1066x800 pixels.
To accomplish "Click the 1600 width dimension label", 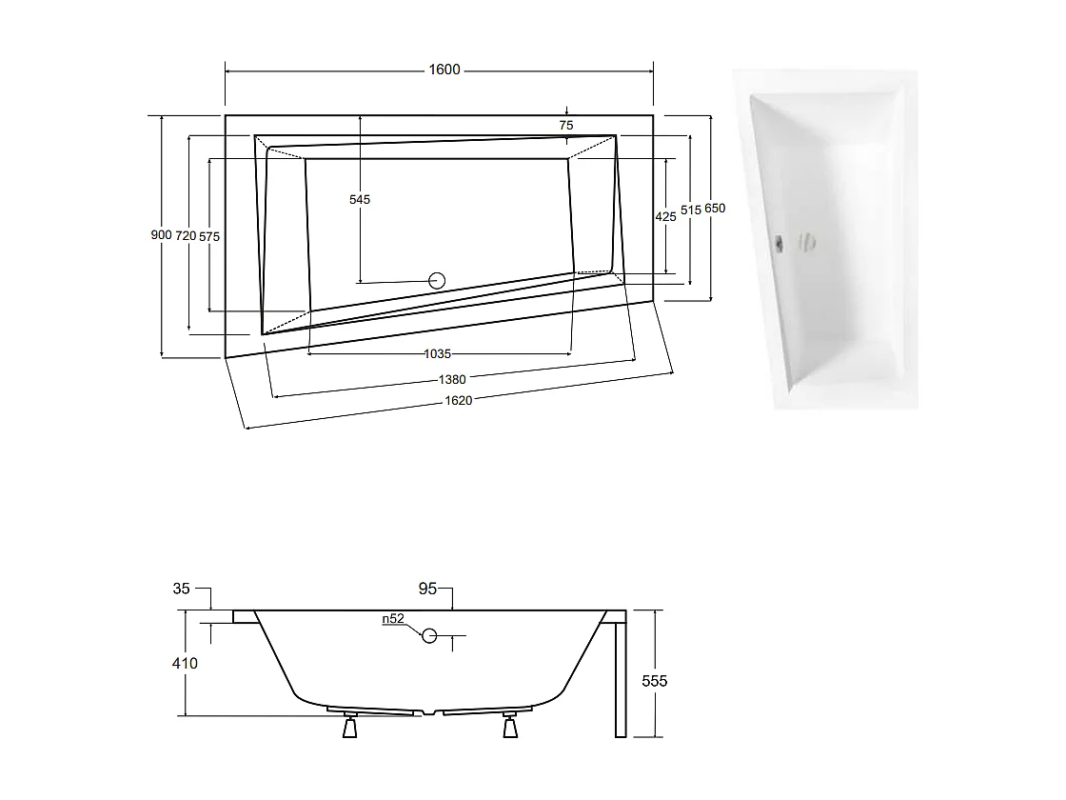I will coord(444,70).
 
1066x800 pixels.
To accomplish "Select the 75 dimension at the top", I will coord(566,126).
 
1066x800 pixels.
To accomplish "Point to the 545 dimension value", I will coord(360,200).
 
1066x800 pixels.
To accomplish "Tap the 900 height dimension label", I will coord(161,235).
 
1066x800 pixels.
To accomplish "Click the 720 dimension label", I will coord(186,235).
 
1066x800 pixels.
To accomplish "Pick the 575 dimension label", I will coord(209,236).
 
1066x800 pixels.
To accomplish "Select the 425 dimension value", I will coord(666,217).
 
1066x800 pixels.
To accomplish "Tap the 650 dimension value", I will coord(715,209).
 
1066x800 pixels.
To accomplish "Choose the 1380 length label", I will coord(452,379).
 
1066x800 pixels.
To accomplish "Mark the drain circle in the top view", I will coord(438,280).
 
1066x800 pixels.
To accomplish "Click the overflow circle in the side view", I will coord(429,635).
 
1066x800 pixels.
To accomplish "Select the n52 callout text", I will coord(393,619).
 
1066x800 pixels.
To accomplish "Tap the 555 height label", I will coord(655,681).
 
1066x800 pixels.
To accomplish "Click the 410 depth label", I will coord(185,663).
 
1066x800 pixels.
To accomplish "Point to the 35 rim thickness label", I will coord(182,589).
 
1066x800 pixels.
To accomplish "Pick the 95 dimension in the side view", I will coord(427,590).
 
